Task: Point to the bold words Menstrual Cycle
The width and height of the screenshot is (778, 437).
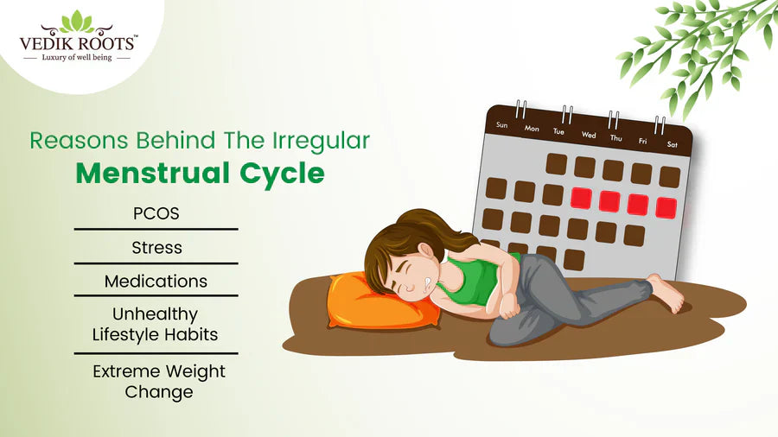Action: click(200, 174)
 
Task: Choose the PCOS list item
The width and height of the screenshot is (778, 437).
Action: click(156, 213)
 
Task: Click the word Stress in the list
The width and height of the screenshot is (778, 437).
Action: click(156, 248)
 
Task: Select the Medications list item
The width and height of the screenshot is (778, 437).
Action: click(156, 282)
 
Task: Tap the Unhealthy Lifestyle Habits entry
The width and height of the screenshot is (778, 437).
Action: click(156, 324)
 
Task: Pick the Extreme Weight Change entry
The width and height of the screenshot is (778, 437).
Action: click(159, 381)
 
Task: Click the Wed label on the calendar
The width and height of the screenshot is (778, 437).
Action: click(589, 135)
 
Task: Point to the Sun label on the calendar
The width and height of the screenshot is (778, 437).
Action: click(502, 124)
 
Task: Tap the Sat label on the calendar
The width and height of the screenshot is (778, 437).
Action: click(671, 145)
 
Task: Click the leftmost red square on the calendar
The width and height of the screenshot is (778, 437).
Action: click(581, 198)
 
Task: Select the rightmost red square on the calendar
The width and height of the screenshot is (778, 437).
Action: click(666, 207)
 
